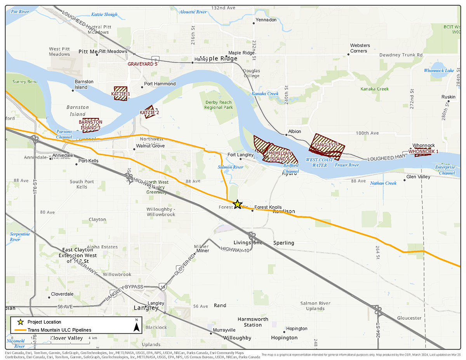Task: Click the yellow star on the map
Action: coord(237,204)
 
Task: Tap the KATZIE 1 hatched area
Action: coord(121,94)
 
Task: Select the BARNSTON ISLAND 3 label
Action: coord(90,125)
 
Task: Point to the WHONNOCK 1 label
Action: coord(423,151)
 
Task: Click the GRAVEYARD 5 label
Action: coord(143,64)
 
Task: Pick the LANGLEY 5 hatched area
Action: coord(326,146)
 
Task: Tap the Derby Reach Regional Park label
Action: coord(219,105)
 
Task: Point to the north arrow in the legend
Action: coord(136,325)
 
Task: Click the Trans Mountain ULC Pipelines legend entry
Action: coord(59,330)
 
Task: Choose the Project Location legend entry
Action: coord(44,322)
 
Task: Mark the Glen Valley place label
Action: coord(418,177)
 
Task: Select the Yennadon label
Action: coord(266,20)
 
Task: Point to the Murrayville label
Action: coord(224,330)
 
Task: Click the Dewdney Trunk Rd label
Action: coord(401,55)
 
